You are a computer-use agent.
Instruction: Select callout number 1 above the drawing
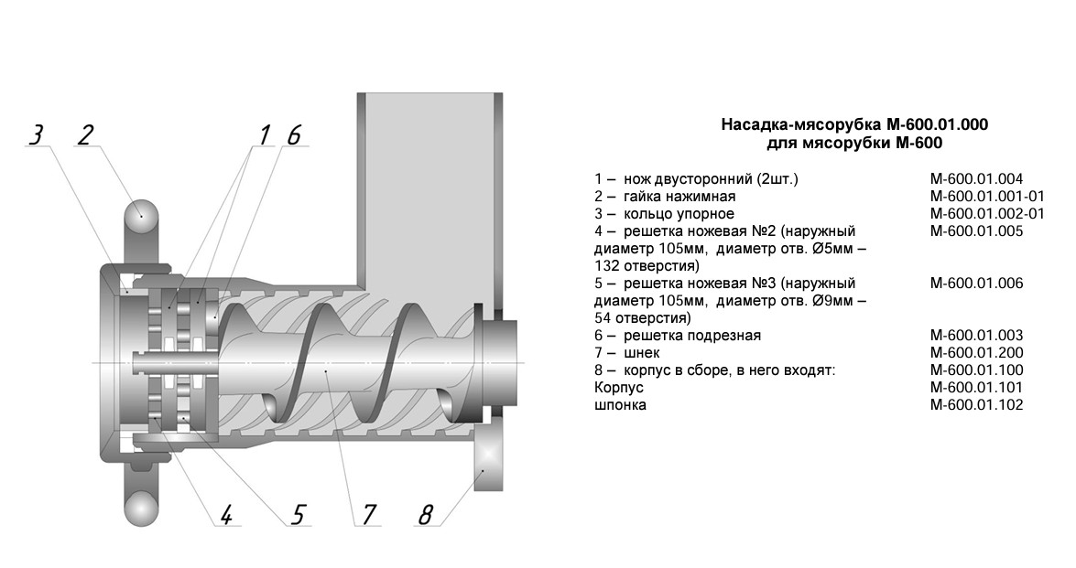(x=265, y=134)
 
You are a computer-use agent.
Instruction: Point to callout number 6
(x=293, y=134)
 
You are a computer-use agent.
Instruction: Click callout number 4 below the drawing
(x=226, y=515)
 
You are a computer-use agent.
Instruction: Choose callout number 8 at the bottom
(x=426, y=515)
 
